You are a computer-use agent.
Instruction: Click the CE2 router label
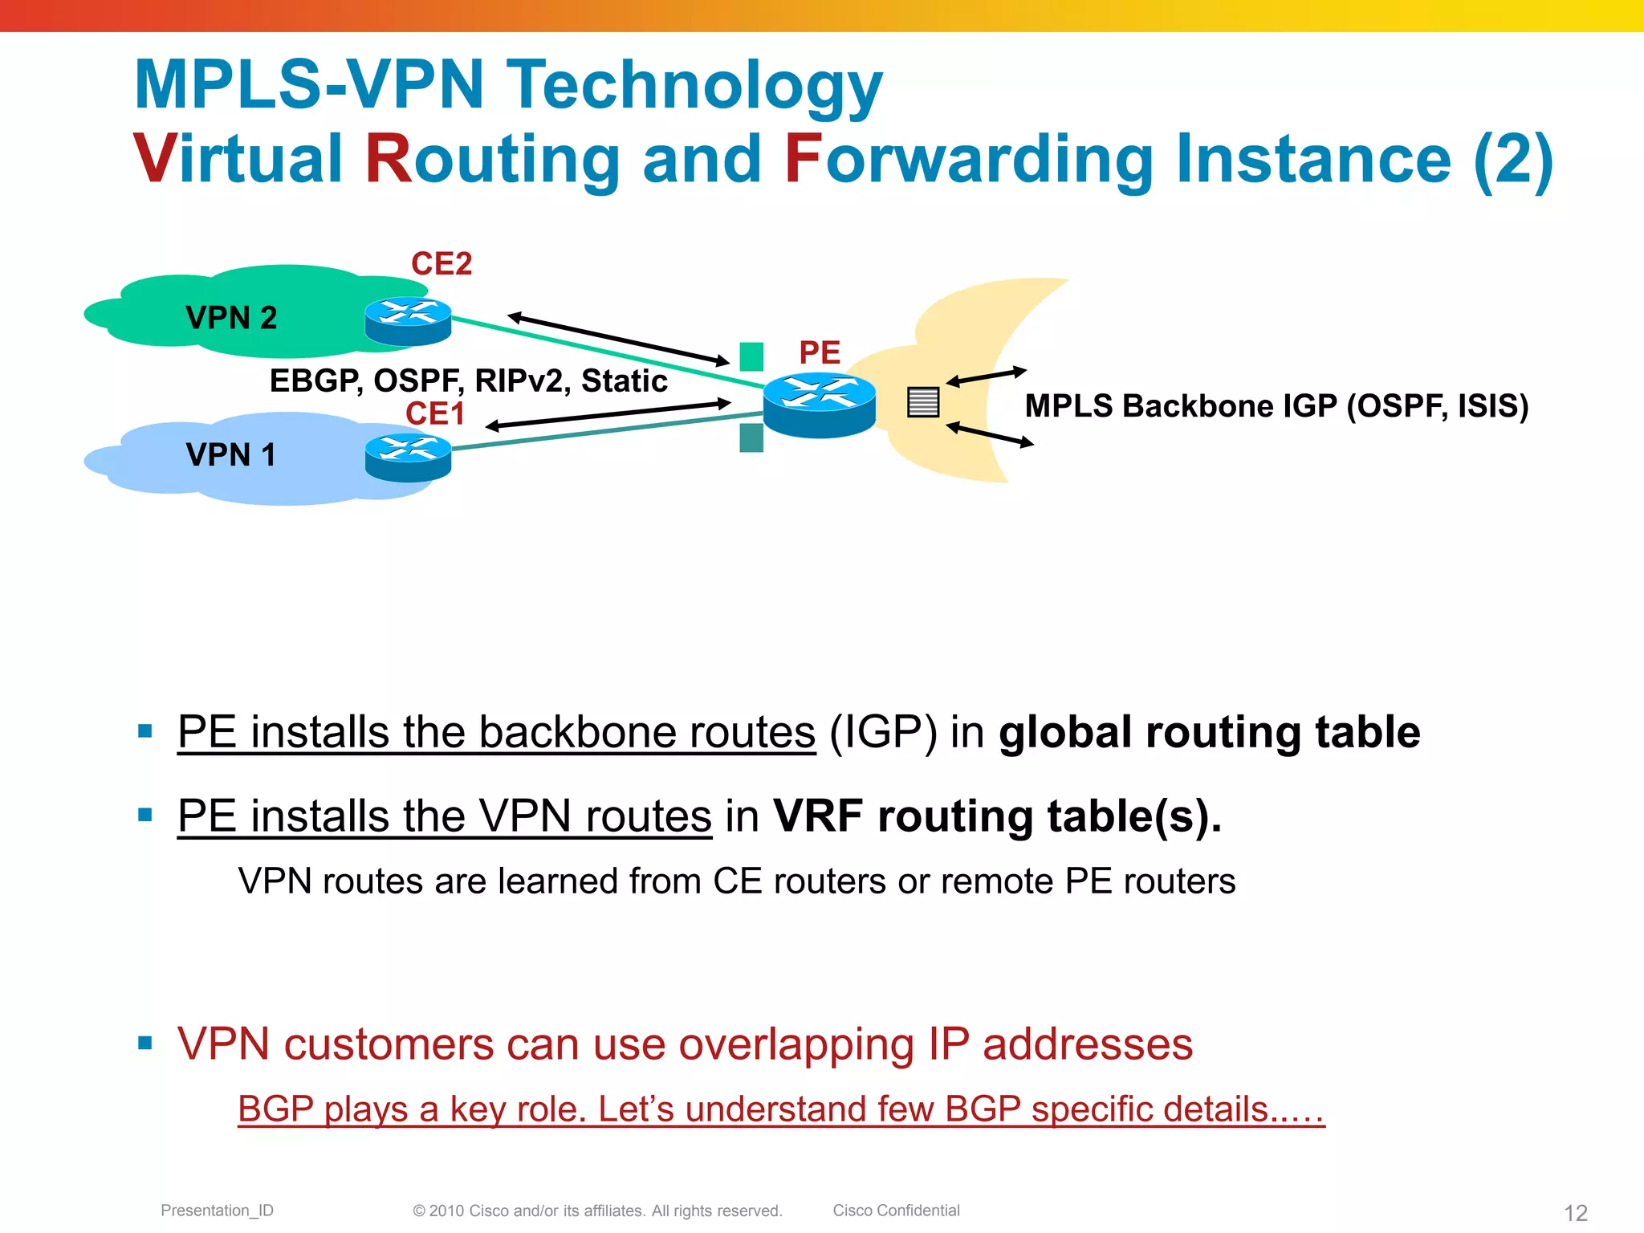point(442,264)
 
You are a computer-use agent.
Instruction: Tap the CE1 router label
point(435,413)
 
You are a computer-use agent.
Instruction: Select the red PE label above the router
point(819,352)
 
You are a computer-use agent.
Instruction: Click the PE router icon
point(819,405)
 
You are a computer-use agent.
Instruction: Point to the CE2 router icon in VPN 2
point(408,321)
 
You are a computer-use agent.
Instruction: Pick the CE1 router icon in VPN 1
point(408,458)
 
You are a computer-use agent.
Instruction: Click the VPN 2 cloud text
point(231,318)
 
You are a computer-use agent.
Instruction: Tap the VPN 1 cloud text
point(230,455)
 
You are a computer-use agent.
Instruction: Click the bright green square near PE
point(751,356)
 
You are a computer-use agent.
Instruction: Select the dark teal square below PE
point(751,438)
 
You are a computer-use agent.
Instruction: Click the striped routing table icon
point(923,402)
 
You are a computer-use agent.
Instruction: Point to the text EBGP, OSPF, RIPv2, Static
point(468,380)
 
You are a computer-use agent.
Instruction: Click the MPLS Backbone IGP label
point(1276,406)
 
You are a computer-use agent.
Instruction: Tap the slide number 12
point(1576,1212)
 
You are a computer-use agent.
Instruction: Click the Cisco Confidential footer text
point(896,1211)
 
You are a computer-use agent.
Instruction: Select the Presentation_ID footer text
point(217,1211)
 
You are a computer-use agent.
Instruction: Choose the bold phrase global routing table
point(1209,732)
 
